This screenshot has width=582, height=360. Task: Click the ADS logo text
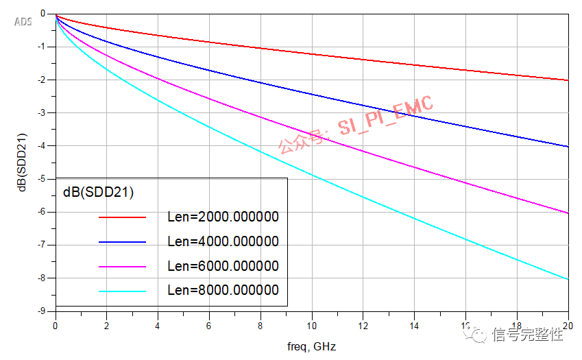coord(23,21)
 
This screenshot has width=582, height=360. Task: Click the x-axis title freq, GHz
coord(312,346)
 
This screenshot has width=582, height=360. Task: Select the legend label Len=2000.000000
coord(223,217)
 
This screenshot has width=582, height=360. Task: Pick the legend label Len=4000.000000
coord(223,241)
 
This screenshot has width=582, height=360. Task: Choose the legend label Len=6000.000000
coord(223,266)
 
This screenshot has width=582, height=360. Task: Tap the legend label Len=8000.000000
coord(223,291)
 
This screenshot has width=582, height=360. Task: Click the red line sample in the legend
coord(123,217)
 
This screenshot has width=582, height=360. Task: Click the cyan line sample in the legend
coord(123,291)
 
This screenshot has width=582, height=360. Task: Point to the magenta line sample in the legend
coord(123,267)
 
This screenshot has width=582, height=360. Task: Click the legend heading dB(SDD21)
coord(97,192)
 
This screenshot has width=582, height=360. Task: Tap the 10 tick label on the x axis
coord(312,326)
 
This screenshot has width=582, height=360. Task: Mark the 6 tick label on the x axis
coord(209,326)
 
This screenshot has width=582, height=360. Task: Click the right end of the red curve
coord(568,80)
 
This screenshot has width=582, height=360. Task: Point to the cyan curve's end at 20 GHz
coord(568,279)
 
